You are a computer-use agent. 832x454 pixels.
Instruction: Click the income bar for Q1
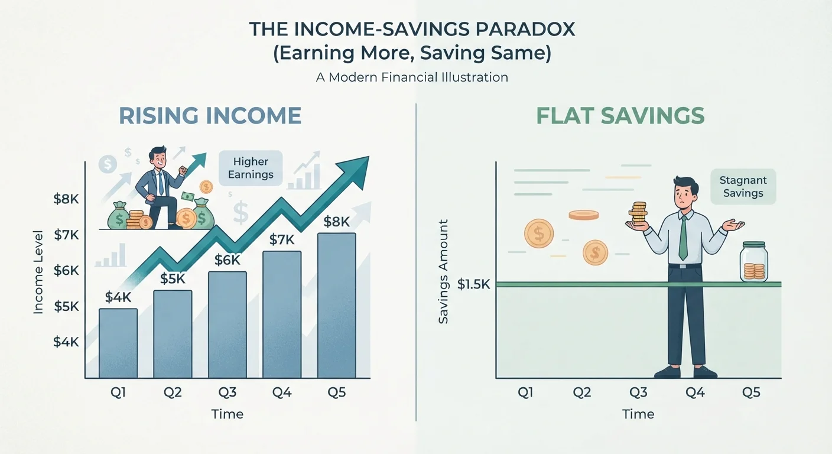[118, 343]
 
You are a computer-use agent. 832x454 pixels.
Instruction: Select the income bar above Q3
[227, 325]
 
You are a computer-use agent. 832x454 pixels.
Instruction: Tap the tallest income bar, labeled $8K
[336, 306]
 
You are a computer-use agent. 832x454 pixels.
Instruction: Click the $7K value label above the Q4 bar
[282, 240]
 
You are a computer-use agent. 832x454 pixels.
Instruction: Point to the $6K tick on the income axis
[66, 271]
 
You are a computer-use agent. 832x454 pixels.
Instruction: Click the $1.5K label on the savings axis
[473, 284]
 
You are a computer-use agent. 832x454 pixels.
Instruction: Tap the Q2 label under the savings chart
[581, 393]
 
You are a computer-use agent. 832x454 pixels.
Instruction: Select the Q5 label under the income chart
[336, 393]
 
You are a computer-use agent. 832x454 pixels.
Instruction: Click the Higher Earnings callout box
[251, 168]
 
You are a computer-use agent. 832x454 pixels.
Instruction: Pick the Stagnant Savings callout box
[743, 186]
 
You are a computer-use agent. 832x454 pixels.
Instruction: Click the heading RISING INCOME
[210, 115]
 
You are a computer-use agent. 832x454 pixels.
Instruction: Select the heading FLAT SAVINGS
[620, 115]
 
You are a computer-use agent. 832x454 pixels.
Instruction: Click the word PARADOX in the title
[525, 30]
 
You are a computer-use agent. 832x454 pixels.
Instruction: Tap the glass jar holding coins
[753, 261]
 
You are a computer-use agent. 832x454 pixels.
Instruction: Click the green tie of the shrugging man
[683, 238]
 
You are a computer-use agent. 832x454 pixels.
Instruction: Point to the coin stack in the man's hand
[639, 213]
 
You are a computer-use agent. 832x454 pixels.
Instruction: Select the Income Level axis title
[38, 273]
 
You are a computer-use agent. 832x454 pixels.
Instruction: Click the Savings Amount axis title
[444, 271]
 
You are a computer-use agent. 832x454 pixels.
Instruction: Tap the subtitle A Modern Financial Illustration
[412, 77]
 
